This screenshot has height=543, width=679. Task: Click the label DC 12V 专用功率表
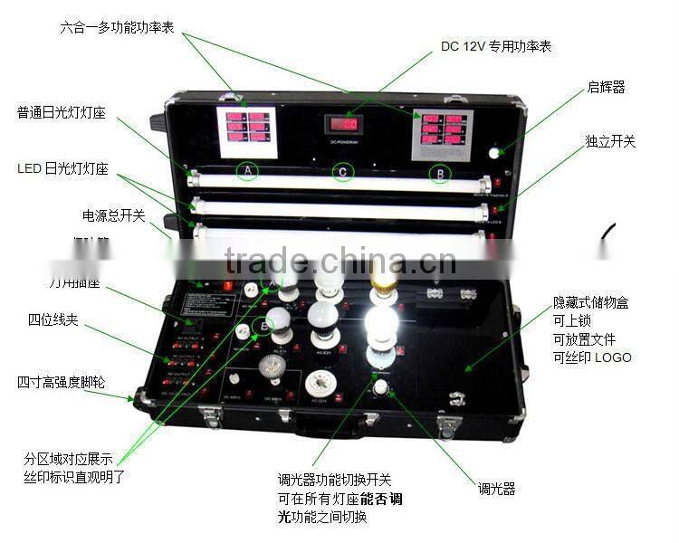(x=496, y=45)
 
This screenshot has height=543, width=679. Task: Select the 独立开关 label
(x=610, y=142)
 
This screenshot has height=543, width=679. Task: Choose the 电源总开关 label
(x=113, y=215)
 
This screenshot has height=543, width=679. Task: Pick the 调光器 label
(x=496, y=489)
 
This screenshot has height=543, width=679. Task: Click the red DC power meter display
(x=343, y=124)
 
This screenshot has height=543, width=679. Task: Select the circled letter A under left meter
(x=246, y=169)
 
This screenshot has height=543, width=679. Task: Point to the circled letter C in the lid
(x=342, y=171)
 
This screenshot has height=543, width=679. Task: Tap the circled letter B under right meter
(x=439, y=172)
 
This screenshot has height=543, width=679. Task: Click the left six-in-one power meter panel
(x=245, y=128)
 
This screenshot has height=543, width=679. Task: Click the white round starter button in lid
(x=493, y=153)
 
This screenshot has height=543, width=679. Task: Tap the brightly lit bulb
(x=380, y=326)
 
